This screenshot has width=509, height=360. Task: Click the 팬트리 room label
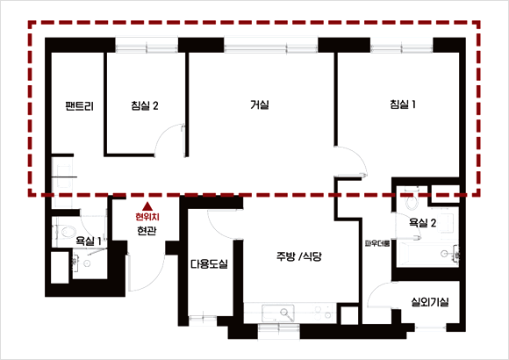point(80,106)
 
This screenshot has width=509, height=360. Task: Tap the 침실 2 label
point(145,105)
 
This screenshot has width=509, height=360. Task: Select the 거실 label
point(260,104)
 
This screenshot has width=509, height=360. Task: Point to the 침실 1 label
point(403,104)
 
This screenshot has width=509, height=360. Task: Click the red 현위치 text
point(147,216)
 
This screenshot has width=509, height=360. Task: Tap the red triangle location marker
point(147,206)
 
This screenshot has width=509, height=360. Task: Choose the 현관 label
point(147,231)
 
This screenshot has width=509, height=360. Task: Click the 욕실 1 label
point(89,241)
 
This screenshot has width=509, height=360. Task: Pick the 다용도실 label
point(209,263)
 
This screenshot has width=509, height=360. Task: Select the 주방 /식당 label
point(299,256)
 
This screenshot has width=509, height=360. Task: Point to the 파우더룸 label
point(377,243)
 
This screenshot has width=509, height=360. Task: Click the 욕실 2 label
point(422,223)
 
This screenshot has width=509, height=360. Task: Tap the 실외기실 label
point(430,302)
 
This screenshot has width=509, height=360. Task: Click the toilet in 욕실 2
point(412,199)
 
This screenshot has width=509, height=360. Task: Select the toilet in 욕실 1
point(67,232)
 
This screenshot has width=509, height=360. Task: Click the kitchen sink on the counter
point(278,313)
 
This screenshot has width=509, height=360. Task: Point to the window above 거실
point(270,45)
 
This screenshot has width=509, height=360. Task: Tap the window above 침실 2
point(147,45)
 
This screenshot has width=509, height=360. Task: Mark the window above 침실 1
point(402,45)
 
